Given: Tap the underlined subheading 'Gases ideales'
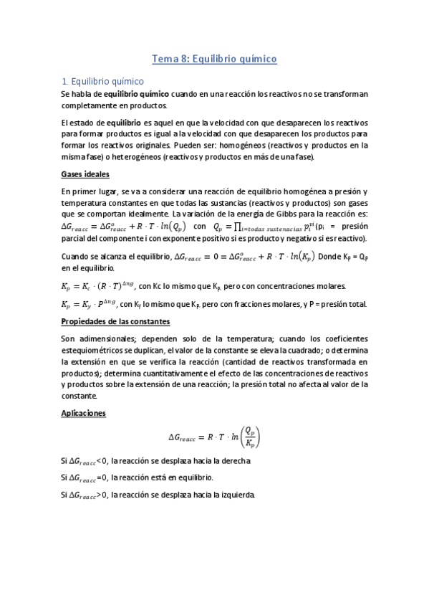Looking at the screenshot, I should pyautogui.click(x=85, y=174).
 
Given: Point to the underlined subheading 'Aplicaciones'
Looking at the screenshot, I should pyautogui.click(x=84, y=414).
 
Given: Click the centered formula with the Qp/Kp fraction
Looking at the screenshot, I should pyautogui.click(x=214, y=436).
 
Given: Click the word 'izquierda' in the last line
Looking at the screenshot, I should pyautogui.click(x=234, y=495).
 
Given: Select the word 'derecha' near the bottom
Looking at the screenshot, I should pyautogui.click(x=233, y=460).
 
